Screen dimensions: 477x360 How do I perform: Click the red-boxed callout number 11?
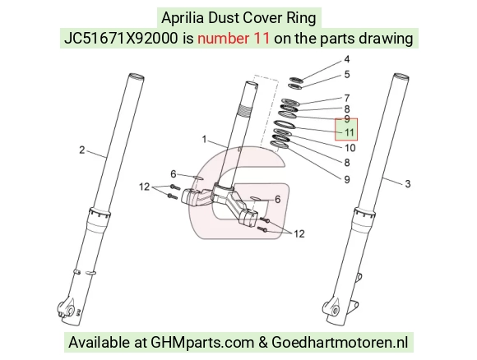click(350, 132)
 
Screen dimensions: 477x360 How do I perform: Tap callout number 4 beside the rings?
click(347, 59)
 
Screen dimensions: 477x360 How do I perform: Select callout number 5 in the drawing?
click(347, 75)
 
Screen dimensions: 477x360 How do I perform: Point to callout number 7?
click(347, 98)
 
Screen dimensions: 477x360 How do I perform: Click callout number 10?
click(350, 148)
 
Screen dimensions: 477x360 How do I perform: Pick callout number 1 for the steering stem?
click(204, 139)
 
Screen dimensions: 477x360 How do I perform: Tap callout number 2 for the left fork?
click(82, 150)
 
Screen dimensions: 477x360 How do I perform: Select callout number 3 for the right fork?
click(408, 183)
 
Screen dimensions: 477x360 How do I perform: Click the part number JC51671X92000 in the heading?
click(121, 39)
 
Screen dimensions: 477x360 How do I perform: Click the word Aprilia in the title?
click(183, 17)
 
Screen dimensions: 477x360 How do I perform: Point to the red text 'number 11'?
click(234, 39)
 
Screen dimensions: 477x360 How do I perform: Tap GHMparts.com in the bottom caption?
click(202, 343)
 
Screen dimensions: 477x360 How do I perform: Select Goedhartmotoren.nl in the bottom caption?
click(340, 343)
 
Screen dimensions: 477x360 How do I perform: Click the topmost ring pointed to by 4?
click(295, 80)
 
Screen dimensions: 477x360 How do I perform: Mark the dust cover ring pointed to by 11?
click(285, 124)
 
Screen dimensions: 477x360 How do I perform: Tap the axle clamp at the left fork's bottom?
click(67, 310)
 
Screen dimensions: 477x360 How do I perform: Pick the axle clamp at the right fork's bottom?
click(332, 310)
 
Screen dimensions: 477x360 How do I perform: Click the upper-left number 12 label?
click(145, 187)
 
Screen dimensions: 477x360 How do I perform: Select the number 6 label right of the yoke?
click(277, 200)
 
